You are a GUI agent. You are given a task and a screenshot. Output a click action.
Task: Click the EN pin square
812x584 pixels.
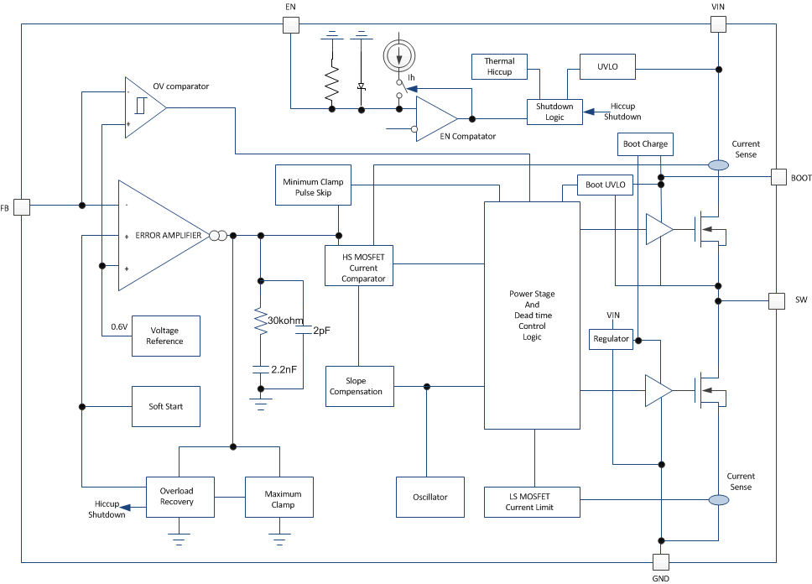290,24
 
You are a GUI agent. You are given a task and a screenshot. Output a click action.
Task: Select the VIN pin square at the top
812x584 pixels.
719,24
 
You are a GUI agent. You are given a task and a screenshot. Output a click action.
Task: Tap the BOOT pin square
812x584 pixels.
778,177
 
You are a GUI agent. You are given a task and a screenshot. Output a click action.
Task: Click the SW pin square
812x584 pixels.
778,300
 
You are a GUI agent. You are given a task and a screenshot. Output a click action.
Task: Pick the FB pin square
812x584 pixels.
22,206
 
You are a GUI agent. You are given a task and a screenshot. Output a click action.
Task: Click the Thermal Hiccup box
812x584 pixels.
500,66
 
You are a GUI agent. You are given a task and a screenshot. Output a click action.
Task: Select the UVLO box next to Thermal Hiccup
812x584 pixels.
608,67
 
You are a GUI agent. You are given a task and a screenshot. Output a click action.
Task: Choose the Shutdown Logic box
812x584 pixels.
554,112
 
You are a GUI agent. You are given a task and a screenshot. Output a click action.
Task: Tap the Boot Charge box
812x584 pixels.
645,144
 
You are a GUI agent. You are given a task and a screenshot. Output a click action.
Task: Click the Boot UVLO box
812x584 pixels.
605,185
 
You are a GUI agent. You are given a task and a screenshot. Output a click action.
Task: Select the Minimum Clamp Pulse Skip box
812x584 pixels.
313,185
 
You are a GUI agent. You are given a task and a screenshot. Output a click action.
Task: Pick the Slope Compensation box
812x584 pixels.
359,386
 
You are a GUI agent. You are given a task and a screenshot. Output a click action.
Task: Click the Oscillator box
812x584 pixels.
430,497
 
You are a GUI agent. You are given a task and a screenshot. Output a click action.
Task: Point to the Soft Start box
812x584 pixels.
166,407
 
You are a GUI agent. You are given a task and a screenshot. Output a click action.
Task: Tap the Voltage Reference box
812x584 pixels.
166,336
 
